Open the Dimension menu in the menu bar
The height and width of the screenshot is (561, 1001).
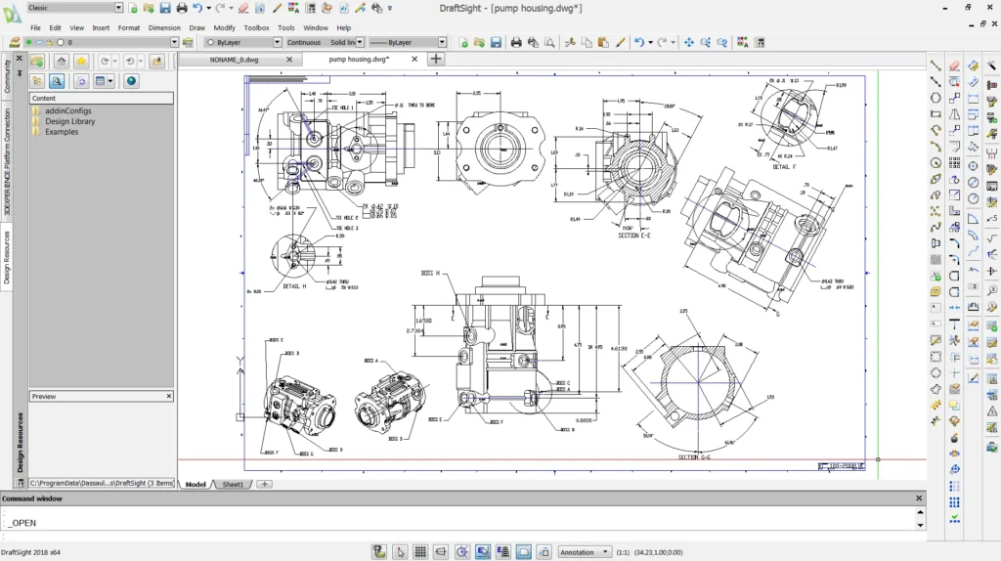(x=164, y=27)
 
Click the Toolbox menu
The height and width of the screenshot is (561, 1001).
(x=256, y=27)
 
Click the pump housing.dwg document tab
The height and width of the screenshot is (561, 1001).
(x=359, y=59)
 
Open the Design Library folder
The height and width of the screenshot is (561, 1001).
(x=69, y=121)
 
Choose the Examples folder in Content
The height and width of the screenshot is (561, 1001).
(x=61, y=132)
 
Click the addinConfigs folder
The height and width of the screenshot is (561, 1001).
(x=67, y=110)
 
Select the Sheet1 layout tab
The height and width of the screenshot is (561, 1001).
(x=233, y=485)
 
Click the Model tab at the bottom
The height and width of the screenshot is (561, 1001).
(x=196, y=485)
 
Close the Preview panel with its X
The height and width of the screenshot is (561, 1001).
(x=168, y=396)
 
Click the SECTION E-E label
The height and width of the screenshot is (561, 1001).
(x=641, y=236)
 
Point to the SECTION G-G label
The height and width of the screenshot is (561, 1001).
(x=701, y=457)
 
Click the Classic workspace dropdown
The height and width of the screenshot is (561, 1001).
(x=74, y=8)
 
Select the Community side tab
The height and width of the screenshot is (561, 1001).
(x=7, y=76)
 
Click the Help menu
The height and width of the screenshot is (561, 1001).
(x=343, y=27)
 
